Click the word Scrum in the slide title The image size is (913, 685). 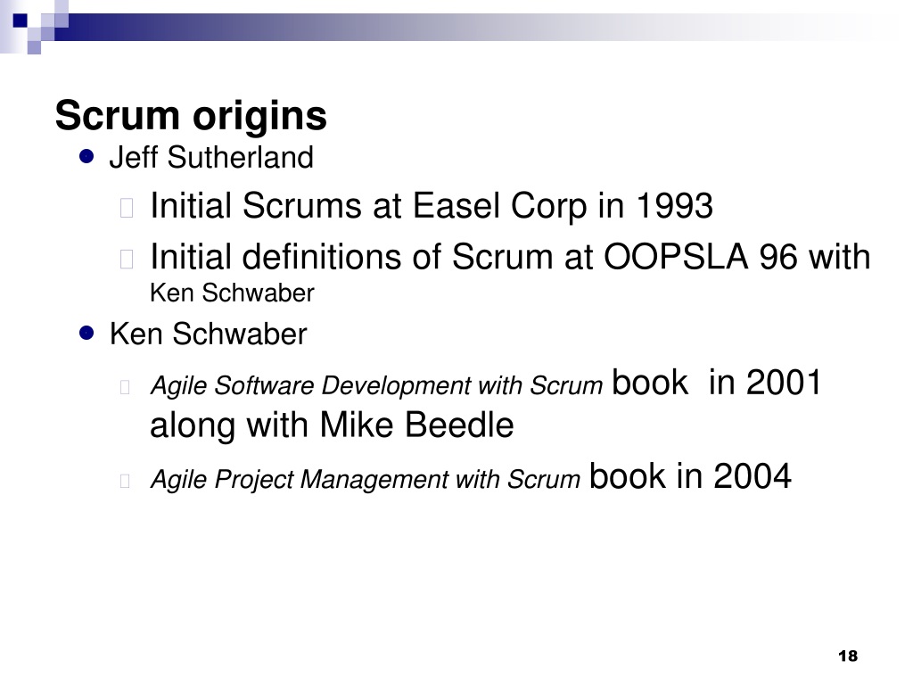pos(117,115)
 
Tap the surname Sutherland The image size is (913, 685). pos(241,157)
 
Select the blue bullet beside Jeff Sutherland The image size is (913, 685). pos(86,157)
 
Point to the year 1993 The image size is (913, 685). pos(674,206)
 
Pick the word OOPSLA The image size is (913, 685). pos(676,257)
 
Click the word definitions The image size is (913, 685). pos(322,257)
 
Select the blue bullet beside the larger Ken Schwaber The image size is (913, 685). pos(86,334)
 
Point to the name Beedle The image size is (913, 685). pos(459,424)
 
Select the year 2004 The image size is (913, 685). pos(753,476)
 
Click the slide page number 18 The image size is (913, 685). pos(848,656)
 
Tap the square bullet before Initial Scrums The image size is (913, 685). pos(127,208)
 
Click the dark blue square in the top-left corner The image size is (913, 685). pos(21,21)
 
